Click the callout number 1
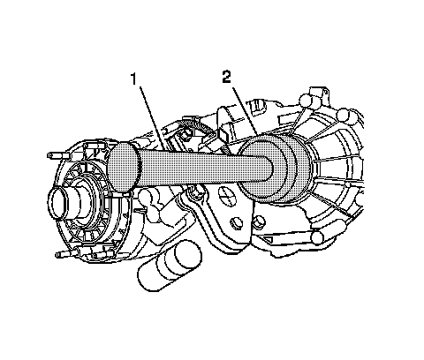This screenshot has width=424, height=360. click(x=134, y=79)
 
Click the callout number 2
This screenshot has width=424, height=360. click(x=226, y=77)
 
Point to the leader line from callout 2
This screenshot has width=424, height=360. click(x=245, y=110)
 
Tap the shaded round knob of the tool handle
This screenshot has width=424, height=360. click(x=124, y=167)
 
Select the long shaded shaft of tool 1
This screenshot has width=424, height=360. click(x=203, y=170)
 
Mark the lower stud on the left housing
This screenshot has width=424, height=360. click(x=66, y=253)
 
